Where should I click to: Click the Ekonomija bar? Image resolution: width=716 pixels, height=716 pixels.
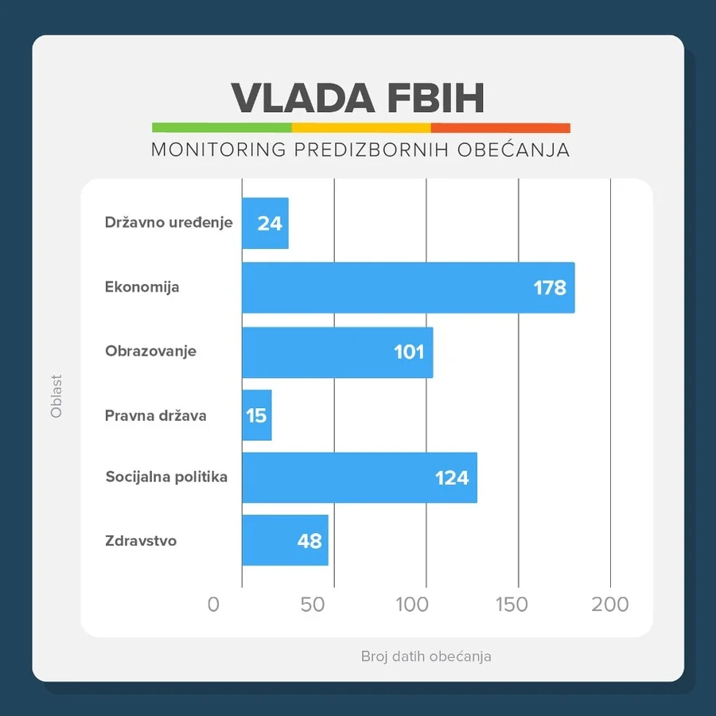[x=407, y=287]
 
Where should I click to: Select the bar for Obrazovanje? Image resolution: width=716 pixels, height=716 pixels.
[x=337, y=352]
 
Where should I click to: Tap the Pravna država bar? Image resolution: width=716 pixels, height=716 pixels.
[x=256, y=415]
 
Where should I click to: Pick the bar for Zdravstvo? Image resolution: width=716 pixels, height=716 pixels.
[x=285, y=541]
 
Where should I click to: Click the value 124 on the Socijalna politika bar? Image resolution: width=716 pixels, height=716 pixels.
[x=451, y=478]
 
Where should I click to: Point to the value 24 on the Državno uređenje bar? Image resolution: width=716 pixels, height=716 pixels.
[x=270, y=224]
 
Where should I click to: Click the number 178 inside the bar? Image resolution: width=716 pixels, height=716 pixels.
[x=550, y=287]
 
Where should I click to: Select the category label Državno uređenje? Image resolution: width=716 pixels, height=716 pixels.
[x=169, y=223]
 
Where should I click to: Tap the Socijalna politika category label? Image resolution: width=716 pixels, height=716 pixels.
[x=166, y=477]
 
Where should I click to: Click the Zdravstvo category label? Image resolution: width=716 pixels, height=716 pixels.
[x=141, y=541]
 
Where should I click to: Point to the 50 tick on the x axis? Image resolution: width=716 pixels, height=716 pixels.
[x=313, y=605]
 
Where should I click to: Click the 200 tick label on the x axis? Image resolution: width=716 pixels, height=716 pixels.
[x=610, y=605]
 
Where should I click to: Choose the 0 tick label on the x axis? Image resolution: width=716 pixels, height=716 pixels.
[x=213, y=605]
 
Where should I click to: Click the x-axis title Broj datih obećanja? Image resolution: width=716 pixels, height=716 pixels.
[x=426, y=656]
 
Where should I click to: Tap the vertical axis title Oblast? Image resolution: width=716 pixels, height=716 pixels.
[x=56, y=396]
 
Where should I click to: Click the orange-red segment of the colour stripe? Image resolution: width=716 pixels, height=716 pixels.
[x=500, y=127]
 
